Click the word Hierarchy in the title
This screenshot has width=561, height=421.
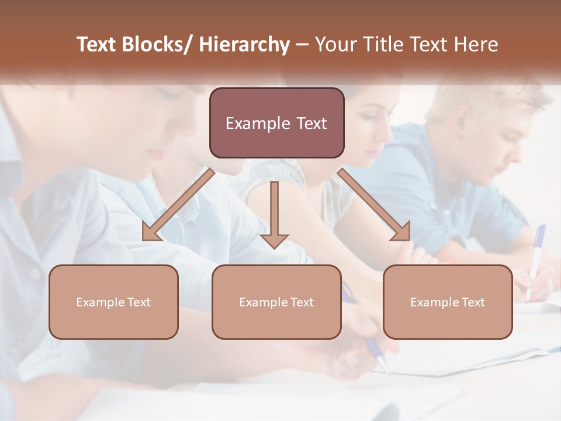tap(244, 44)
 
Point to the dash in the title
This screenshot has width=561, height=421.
tap(302, 44)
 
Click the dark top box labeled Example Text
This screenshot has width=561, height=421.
tap(276, 123)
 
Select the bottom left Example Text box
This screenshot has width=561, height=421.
tap(113, 302)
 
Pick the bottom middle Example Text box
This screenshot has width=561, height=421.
tap(276, 302)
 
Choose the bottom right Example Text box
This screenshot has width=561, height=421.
tap(448, 302)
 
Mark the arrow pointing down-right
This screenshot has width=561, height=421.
tap(374, 205)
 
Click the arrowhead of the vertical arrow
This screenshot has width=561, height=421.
tap(274, 240)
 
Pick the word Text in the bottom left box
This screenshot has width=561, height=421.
tap(139, 302)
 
